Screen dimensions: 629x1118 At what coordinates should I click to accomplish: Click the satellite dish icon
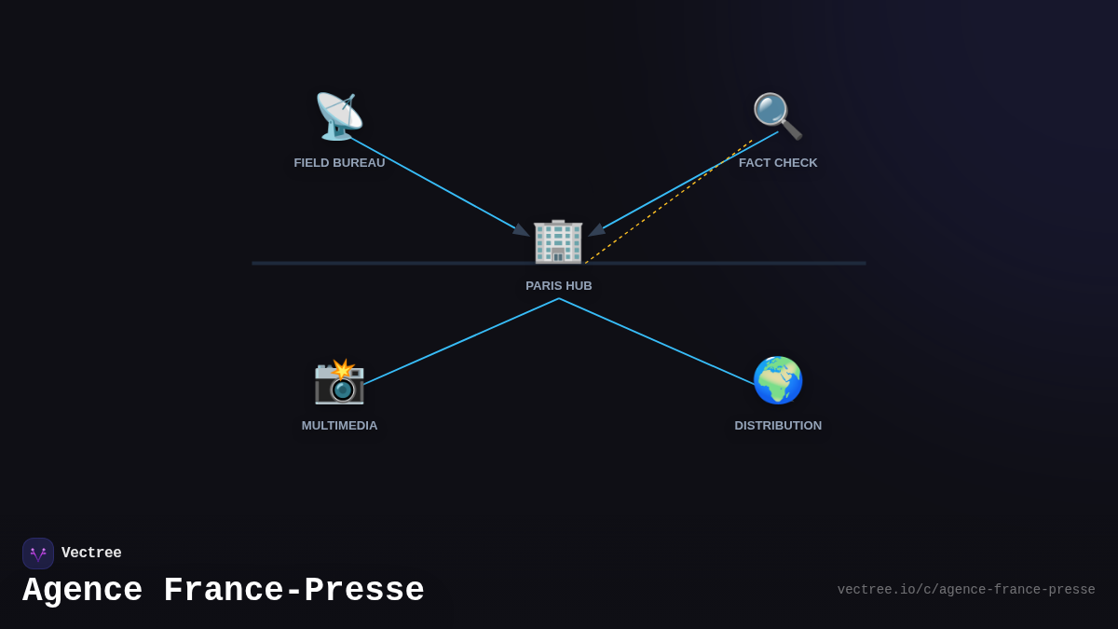pos(339,116)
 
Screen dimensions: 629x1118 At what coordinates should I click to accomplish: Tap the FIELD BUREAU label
pos(339,163)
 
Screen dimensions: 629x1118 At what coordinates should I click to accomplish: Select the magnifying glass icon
pos(777,116)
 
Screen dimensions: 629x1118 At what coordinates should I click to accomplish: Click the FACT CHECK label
pos(778,163)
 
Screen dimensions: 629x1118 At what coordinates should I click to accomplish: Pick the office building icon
pos(558,241)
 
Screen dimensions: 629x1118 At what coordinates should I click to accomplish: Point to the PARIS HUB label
pos(559,286)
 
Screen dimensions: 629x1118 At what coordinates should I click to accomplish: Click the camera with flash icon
pos(339,380)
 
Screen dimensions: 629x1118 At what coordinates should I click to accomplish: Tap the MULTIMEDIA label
pos(339,426)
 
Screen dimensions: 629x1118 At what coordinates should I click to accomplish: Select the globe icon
pos(778,380)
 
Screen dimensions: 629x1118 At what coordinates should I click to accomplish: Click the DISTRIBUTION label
pos(778,426)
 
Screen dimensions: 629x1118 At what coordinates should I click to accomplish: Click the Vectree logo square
pos(38,554)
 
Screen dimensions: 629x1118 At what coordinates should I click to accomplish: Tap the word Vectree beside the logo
pos(91,554)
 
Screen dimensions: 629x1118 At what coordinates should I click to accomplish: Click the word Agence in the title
pos(83,591)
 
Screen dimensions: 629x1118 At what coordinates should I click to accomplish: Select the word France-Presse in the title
pos(293,591)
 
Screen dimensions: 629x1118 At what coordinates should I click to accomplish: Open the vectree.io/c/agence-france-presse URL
pos(966,590)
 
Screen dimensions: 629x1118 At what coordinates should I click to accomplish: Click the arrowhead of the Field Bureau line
pos(522,230)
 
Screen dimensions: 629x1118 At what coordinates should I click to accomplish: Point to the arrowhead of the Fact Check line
pos(597,229)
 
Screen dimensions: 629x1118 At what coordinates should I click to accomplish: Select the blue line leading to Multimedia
pos(461,340)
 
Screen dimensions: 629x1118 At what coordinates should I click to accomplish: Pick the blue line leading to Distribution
pos(657,341)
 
